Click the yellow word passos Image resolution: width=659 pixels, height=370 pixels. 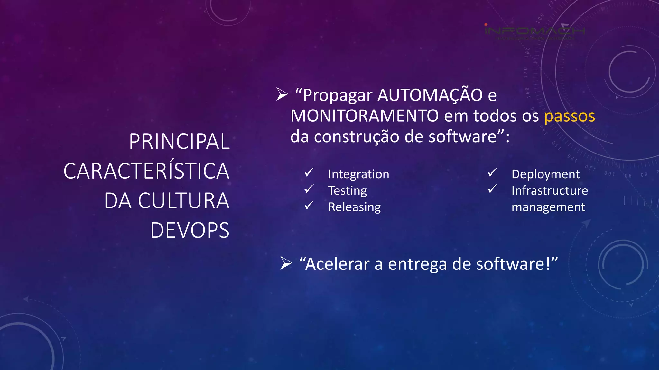[569, 116]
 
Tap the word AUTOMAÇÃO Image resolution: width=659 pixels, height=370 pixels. [430, 95]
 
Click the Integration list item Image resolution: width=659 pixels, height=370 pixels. [358, 174]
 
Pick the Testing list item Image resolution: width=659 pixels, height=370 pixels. [347, 191]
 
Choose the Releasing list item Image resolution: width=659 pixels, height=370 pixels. [354, 207]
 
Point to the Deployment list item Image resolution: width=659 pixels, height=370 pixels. [545, 174]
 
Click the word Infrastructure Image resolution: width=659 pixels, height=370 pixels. [550, 191]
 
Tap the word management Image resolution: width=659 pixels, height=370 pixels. [548, 207]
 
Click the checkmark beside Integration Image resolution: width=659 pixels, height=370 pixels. [309, 173]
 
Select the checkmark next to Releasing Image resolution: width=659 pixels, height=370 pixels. [309, 206]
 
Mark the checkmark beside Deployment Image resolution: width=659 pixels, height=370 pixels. [492, 173]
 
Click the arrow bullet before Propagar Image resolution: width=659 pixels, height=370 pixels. [282, 95]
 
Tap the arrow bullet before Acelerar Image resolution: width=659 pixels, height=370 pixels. [286, 263]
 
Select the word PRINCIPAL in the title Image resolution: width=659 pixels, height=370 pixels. [179, 142]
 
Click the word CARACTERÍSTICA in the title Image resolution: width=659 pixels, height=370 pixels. [146, 171]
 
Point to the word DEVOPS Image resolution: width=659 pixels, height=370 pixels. [190, 230]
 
